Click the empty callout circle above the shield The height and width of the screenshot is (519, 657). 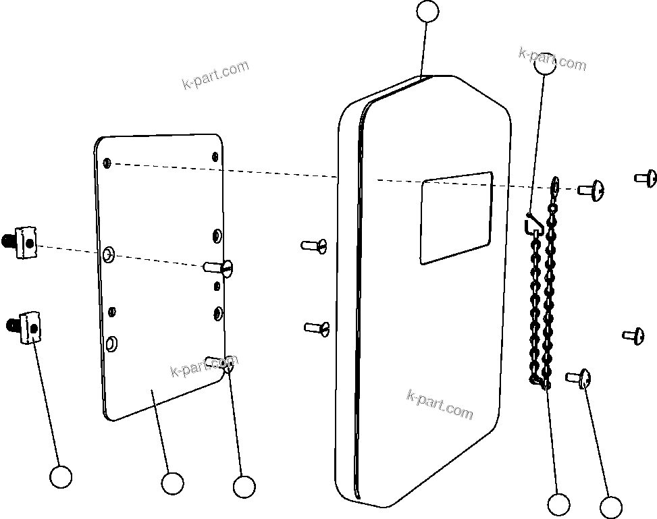[427, 11]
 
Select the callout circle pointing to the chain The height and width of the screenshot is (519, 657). [558, 504]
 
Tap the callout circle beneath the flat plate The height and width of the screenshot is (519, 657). [172, 483]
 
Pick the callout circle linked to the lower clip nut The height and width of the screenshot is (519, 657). [61, 476]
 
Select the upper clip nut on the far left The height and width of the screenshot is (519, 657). [23, 241]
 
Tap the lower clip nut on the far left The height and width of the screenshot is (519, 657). [26, 327]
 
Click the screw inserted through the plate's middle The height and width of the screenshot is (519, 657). [219, 268]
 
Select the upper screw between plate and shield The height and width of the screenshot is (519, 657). [315, 245]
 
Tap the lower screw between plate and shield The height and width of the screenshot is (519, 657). [317, 328]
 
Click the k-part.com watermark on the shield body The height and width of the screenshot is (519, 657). [440, 404]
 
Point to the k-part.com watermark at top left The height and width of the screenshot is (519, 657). [215, 74]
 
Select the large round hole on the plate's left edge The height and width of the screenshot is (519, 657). [108, 254]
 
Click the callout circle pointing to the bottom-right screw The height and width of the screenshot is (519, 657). [610, 508]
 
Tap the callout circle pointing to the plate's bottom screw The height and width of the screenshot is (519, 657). [243, 486]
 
